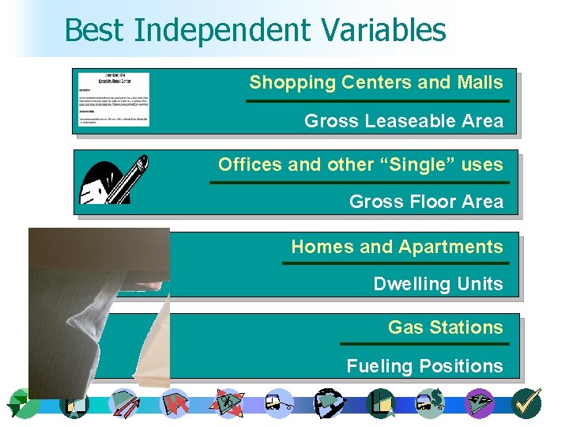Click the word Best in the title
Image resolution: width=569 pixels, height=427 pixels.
coord(96,31)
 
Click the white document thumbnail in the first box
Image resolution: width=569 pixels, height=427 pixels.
coord(111,100)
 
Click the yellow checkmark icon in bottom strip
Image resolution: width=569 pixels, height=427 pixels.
coord(526,402)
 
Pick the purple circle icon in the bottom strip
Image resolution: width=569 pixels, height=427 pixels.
coord(480,402)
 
